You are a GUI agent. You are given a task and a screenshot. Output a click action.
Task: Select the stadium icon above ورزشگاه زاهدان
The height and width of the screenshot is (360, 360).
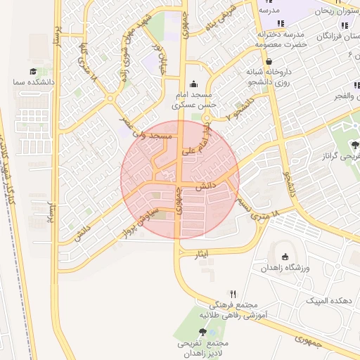285,257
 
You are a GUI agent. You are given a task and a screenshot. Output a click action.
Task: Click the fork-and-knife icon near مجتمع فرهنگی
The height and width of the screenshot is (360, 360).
233,295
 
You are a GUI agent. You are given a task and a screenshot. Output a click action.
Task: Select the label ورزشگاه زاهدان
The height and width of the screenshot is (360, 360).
285,268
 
